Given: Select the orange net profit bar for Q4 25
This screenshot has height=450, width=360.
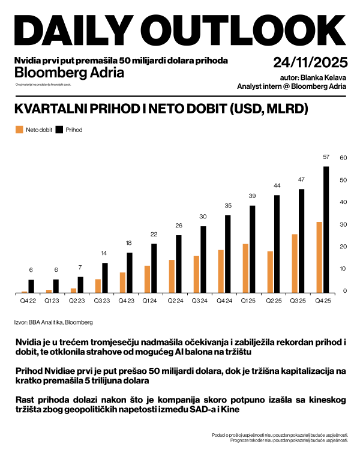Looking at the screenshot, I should tap(319, 257).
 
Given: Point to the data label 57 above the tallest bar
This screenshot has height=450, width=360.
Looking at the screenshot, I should tap(326, 157).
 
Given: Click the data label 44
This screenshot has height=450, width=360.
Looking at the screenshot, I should tap(277, 185).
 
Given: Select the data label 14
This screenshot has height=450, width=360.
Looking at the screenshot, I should tap(104, 253).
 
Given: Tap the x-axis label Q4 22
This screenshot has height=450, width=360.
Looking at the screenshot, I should tap(28, 301).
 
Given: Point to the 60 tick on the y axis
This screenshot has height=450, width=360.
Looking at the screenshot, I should tap(344, 158).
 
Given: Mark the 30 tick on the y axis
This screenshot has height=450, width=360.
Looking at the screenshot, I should tap(344, 224).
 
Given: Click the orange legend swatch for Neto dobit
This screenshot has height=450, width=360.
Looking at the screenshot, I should tap(19, 129).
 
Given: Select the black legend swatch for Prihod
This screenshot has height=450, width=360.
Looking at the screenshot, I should tap(59, 129).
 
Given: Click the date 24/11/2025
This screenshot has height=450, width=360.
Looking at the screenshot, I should tap(310, 62).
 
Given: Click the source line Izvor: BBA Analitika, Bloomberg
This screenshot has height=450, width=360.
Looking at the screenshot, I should tap(53, 323).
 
